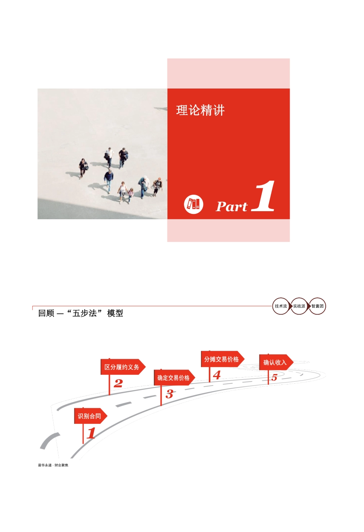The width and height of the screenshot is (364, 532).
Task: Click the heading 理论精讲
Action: tap(200, 110)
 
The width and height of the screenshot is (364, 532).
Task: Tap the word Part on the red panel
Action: tap(232, 206)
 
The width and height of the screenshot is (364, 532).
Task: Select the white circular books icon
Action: tap(193, 204)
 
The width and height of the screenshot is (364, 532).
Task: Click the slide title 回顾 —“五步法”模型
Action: tap(81, 313)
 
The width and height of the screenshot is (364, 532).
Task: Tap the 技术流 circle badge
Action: tap(281, 306)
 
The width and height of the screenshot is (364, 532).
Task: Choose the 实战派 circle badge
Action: tap(299, 306)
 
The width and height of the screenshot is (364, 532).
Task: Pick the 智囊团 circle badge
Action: tap(317, 306)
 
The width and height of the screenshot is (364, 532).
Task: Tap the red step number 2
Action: tap(118, 383)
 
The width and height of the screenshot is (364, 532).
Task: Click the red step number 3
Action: tap(169, 394)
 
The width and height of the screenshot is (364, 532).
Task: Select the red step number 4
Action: tap(217, 375)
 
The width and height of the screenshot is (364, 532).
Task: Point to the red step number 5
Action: tap(274, 378)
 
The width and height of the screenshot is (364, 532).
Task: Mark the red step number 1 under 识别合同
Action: tap(91, 433)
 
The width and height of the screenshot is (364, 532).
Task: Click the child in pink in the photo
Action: tap(130, 195)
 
